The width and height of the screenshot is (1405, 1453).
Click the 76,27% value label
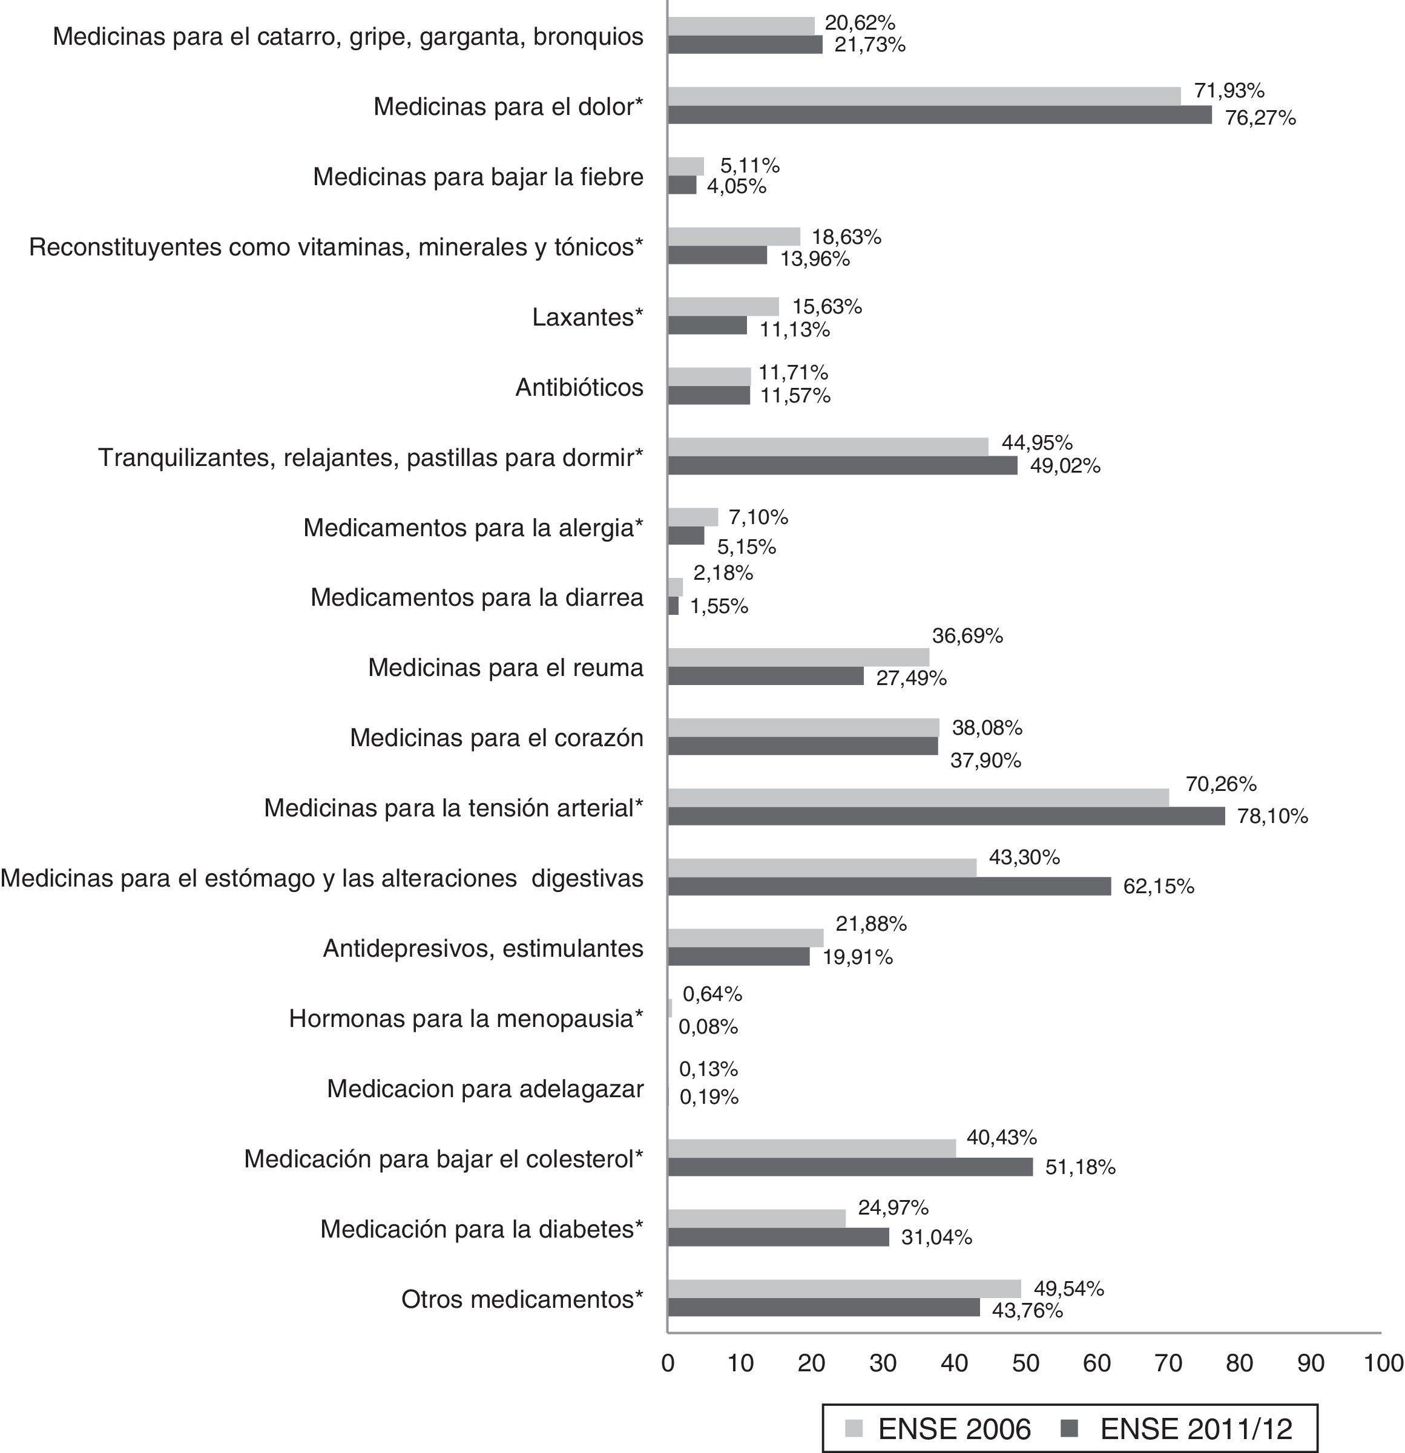(1260, 118)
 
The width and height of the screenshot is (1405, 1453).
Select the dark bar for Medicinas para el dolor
(939, 115)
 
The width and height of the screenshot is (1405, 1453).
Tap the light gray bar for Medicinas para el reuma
(798, 657)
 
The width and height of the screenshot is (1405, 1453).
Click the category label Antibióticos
(579, 387)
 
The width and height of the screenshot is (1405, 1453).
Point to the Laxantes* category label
(587, 317)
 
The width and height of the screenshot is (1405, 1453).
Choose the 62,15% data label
(1158, 886)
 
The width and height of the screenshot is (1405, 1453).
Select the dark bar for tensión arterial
(946, 816)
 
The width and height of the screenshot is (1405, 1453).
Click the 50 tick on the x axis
(1025, 1363)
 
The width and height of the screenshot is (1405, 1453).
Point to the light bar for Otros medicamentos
(844, 1288)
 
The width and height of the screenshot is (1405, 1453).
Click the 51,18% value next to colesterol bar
(1079, 1167)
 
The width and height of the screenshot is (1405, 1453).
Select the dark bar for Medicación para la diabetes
(778, 1236)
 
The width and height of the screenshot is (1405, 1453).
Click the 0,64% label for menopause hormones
(712, 994)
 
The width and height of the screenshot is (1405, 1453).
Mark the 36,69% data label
(967, 635)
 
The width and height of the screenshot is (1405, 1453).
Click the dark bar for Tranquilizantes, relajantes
(842, 465)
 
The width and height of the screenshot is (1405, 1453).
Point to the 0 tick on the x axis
(668, 1363)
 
